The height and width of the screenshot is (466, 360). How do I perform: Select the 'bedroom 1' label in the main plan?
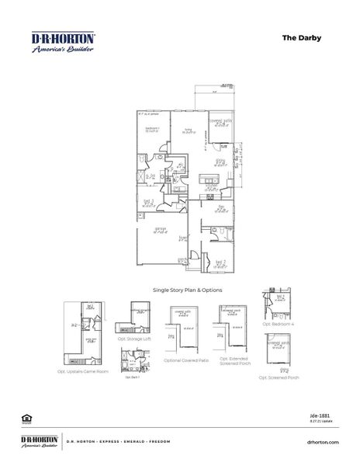coord(153,129)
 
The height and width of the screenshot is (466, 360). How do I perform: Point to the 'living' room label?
coord(187,131)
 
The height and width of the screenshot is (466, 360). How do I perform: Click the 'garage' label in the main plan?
coord(161,229)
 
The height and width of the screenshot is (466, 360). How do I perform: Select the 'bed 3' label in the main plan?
coord(148,201)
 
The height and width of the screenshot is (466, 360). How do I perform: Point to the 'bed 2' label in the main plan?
coord(220,263)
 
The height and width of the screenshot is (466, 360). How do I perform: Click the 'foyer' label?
coord(183,238)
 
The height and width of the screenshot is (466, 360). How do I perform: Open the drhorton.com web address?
coord(324,442)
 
